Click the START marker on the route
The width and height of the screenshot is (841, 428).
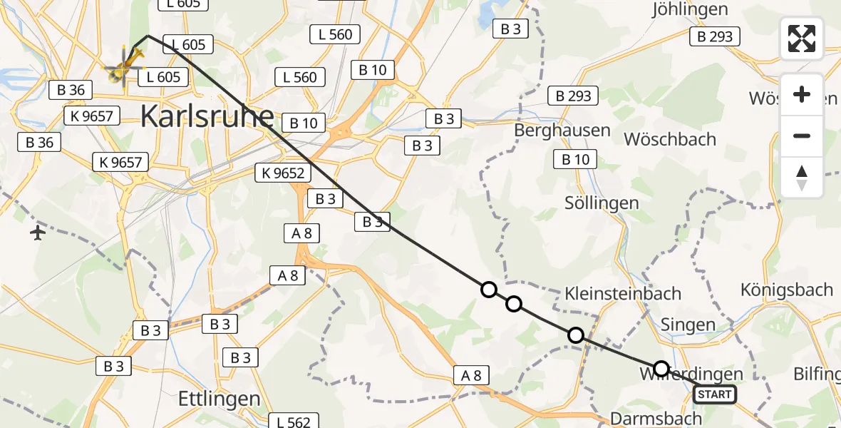715,394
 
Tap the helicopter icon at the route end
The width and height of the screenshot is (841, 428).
125,68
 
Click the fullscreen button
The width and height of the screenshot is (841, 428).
802,39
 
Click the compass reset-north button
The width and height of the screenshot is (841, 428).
802,178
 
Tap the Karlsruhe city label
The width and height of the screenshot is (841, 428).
207,116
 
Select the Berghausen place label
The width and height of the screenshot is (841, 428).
563,131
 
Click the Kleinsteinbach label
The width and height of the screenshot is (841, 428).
623,293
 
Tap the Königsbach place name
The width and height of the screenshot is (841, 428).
787,290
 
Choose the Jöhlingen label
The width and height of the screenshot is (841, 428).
690,9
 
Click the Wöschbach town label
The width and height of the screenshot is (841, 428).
670,139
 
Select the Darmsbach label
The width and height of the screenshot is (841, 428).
646,419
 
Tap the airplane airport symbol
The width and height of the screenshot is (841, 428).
38,233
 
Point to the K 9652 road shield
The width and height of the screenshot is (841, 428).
283,172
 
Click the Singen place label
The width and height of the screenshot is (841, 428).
688,325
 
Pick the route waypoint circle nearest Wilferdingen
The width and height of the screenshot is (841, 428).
661,369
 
